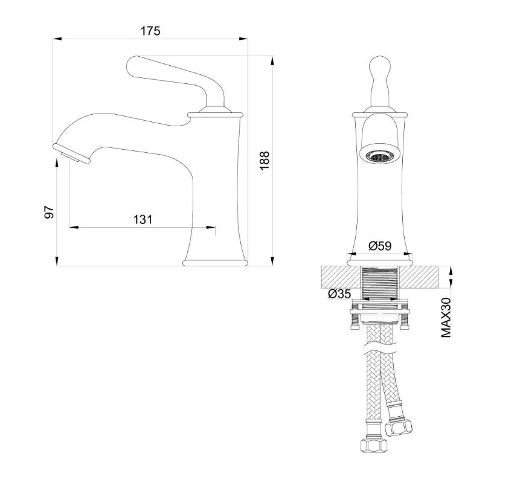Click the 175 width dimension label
point(150,31)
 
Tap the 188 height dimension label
point(265,160)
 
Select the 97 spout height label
point(49,212)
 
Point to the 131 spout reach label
point(143,219)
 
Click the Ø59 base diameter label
point(380,246)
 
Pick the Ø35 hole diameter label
point(339,294)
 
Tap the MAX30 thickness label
point(446,317)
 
